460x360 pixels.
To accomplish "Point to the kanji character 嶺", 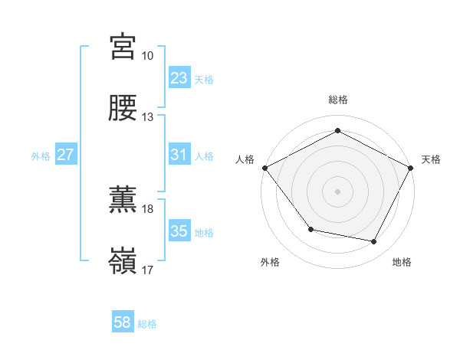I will coord(123,260).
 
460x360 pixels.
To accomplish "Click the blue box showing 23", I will coord(179,78).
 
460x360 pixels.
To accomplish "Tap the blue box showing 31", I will coord(179,155).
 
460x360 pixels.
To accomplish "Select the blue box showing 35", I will coord(179,232).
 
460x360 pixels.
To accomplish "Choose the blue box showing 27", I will coord(65,155).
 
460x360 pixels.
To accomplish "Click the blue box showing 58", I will coord(123,323).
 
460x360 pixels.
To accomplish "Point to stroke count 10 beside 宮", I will coord(147,56).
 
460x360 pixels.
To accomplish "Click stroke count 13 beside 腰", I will coord(147,117).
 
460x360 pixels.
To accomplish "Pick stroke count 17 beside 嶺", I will coord(147,270).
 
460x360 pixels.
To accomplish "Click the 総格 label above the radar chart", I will coord(338,100).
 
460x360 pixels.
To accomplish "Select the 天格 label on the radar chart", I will coord(431,159).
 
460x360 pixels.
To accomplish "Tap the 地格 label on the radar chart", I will coord(402,263).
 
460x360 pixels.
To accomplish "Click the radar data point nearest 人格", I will coord(264,167).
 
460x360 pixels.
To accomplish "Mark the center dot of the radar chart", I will coord(338,191).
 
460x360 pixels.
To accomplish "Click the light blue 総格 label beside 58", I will coord(147,324).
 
